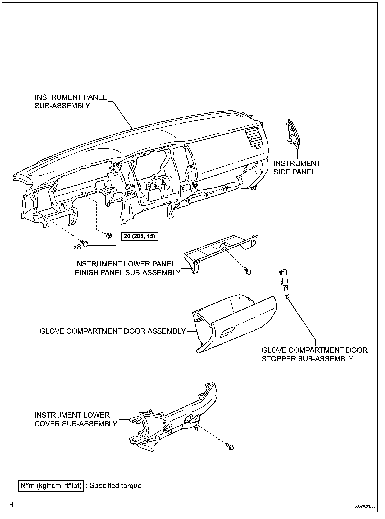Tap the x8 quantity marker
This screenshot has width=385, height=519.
coord(77,247)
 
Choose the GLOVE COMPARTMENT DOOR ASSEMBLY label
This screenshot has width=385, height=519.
coord(113,331)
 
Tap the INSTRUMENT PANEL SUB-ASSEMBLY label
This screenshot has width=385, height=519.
coord(71,101)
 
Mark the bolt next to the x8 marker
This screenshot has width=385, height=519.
coord(85,243)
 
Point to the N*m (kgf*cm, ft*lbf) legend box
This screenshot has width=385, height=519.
coord(51,485)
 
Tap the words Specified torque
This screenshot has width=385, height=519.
coord(116,486)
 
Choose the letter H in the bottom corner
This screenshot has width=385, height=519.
coord(11,505)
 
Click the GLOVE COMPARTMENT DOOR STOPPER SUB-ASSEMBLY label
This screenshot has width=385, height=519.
coord(314,355)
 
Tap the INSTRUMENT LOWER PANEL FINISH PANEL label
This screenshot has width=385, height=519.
coord(127,268)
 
